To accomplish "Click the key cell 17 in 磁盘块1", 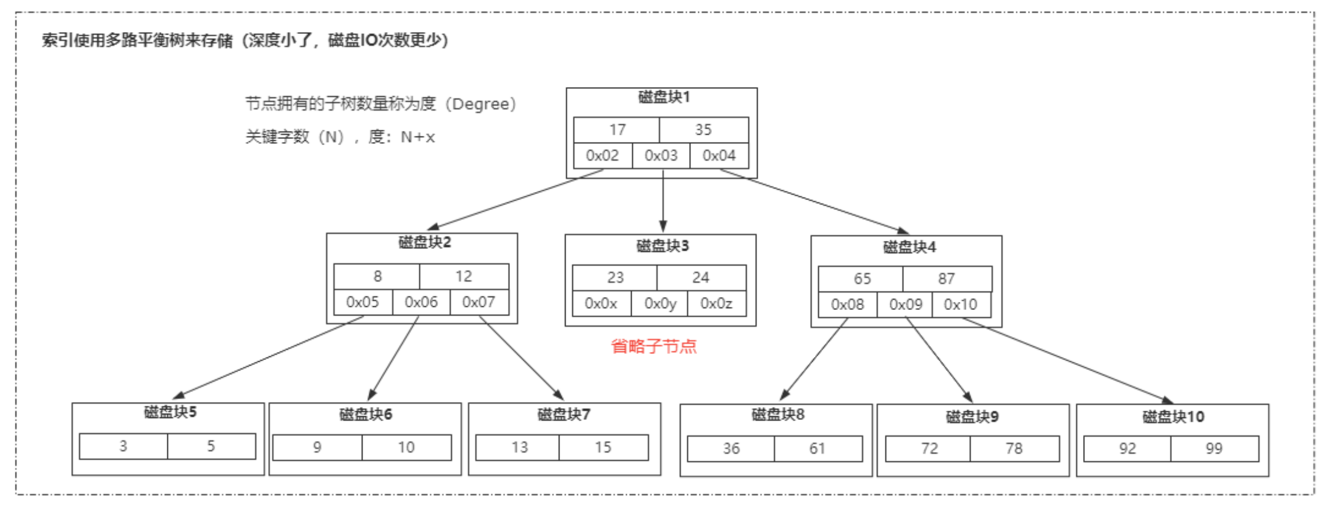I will coord(617,130).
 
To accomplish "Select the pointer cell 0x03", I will coord(661,156).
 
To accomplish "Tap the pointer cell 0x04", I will coord(719,156).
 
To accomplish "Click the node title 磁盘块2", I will coord(424,242).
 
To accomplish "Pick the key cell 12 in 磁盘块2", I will coord(464,276).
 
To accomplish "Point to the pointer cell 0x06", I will coord(421,302).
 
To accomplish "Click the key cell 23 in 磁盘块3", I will coord(615,278).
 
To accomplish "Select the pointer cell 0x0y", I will coord(659,303).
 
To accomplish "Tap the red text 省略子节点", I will coord(654,346).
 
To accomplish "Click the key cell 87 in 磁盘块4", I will coord(947,278).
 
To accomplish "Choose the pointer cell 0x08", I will coord(847,304).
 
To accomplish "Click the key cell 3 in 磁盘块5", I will coord(123,446).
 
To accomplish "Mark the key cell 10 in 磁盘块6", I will coord(406,448).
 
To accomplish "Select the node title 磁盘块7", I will coord(564,414).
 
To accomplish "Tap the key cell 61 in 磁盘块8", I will coord(818,449).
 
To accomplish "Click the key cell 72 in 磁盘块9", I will coord(929,449).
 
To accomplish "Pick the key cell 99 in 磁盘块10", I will coord(1214,449).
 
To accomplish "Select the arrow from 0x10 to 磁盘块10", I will coord(1068,361).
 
